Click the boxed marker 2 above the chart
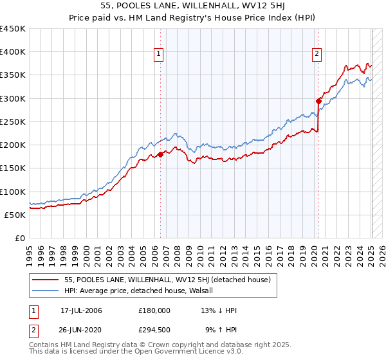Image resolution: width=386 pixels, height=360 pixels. [x=317, y=55]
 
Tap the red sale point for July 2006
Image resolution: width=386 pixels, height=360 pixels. [x=160, y=154]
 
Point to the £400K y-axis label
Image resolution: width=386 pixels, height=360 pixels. [x=13, y=52]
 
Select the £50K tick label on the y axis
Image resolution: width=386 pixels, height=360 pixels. [x=15, y=215]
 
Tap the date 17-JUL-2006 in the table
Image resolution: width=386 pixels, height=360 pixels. [x=81, y=310]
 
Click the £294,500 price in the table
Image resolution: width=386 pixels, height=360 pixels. [x=154, y=330]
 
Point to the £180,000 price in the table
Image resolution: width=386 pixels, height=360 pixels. [x=154, y=310]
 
